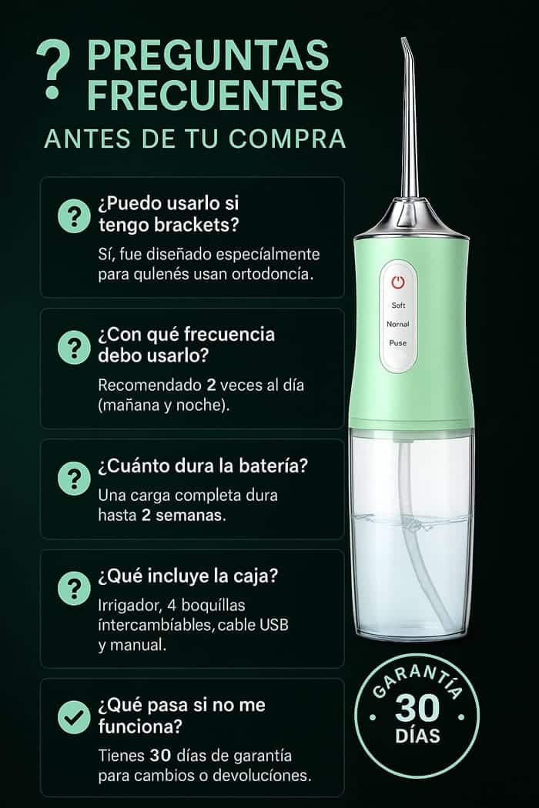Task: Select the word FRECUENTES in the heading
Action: click(x=215, y=94)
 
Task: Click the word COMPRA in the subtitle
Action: click(x=286, y=139)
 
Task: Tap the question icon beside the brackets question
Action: click(x=74, y=216)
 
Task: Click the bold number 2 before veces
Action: click(x=211, y=385)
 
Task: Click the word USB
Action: click(x=273, y=625)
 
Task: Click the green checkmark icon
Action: click(x=74, y=716)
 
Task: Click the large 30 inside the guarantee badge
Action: click(x=417, y=709)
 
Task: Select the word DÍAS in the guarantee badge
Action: click(x=418, y=736)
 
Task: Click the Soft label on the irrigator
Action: click(x=398, y=306)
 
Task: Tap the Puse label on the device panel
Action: click(x=397, y=342)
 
